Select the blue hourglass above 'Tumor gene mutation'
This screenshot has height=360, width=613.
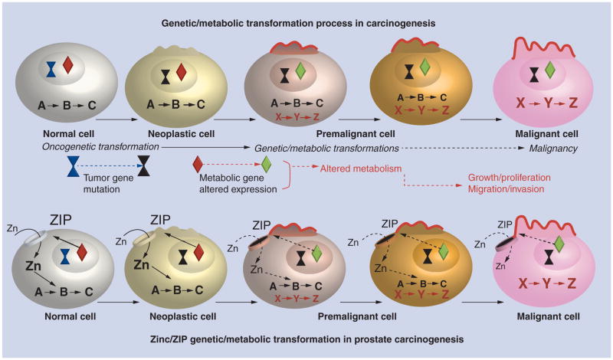pyautogui.click(x=74, y=162)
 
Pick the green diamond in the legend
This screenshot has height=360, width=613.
pyautogui.click(x=267, y=162)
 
